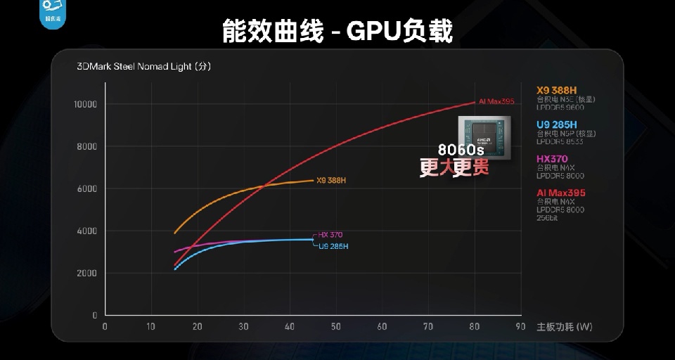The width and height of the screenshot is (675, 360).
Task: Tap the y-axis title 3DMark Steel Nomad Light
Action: tap(143, 67)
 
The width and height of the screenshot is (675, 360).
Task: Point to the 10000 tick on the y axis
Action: tap(85, 104)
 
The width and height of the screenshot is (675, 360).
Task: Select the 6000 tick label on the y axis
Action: tap(87, 188)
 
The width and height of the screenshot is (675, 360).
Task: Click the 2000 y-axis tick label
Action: tap(87, 273)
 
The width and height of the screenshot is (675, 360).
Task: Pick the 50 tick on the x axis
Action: tap(335, 327)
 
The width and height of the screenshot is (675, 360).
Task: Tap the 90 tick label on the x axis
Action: tap(520, 327)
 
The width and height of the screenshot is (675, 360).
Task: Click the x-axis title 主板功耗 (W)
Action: tap(564, 327)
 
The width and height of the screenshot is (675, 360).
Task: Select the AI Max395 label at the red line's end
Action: tap(496, 101)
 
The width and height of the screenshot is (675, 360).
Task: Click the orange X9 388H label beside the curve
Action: tap(331, 181)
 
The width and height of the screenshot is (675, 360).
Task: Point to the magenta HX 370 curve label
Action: tap(330, 235)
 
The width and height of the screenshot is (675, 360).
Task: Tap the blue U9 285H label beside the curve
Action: tap(333, 246)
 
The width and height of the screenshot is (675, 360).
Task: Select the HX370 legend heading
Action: tap(552, 159)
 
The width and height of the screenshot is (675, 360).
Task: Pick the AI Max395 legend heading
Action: tap(560, 193)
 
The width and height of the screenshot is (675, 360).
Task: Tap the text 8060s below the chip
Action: tap(461, 150)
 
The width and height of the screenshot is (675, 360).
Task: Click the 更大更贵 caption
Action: tap(454, 168)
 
